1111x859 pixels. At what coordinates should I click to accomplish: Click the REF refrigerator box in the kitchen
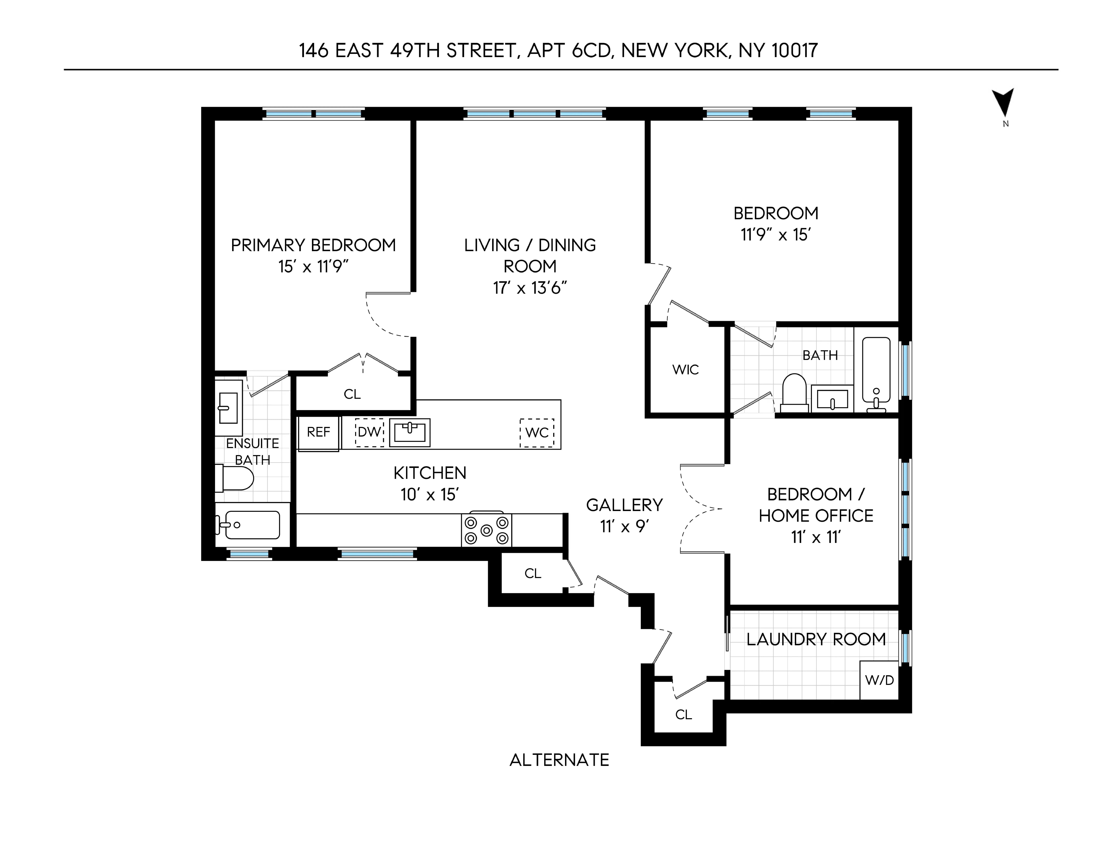[x=318, y=433]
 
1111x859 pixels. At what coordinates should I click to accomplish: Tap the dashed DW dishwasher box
[x=369, y=433]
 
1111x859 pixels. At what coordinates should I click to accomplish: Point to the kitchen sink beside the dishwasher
[x=409, y=433]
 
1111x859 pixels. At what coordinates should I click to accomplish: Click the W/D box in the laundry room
[x=879, y=680]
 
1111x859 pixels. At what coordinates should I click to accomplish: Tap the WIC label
[x=685, y=370]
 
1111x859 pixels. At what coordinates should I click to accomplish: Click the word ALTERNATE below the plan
[x=559, y=760]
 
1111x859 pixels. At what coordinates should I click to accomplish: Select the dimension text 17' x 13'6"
[x=530, y=288]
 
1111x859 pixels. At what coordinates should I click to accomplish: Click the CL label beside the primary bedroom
[x=352, y=394]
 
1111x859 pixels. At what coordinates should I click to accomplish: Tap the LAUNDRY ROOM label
[x=816, y=639]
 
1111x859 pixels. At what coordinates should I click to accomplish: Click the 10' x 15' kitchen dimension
[x=430, y=495]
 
